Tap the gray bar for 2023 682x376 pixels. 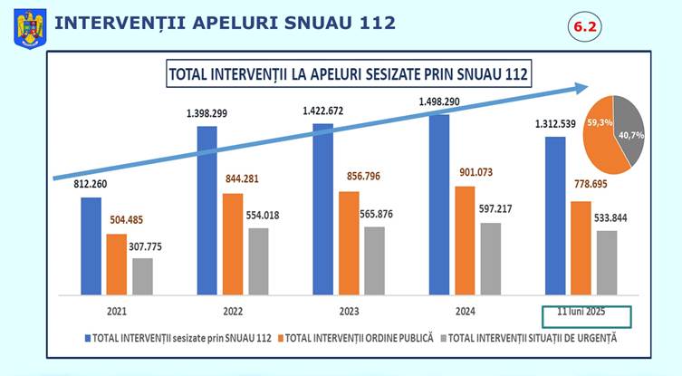[374, 260]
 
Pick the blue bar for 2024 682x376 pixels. [439, 204]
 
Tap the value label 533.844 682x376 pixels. [609, 217]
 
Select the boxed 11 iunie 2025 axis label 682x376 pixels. [585, 314]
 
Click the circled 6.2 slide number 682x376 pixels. [584, 28]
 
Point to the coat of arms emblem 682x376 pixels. [30, 25]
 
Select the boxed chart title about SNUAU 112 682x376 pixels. [348, 73]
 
